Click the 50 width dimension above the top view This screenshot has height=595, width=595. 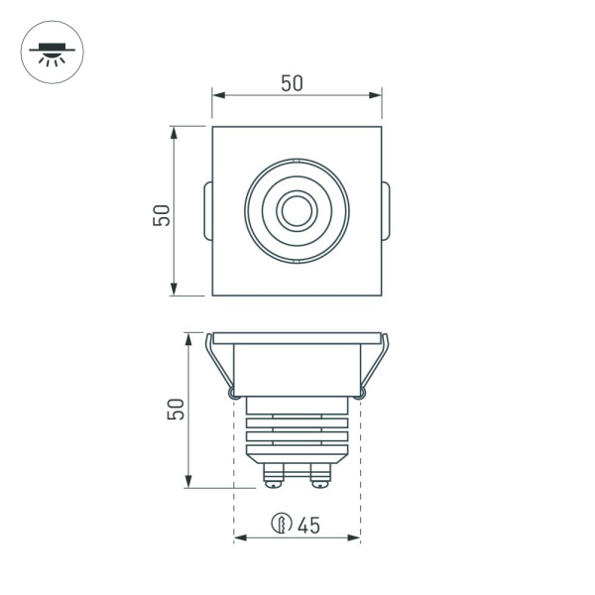point(292,83)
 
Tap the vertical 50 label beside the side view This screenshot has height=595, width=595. point(176,409)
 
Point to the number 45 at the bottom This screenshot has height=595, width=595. point(307,525)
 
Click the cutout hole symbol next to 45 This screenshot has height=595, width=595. point(281,525)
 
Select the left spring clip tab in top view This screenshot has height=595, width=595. point(206,211)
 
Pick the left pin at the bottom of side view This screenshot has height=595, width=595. point(271,477)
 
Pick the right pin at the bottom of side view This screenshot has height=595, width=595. point(321,477)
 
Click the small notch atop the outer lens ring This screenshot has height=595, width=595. point(297,161)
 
